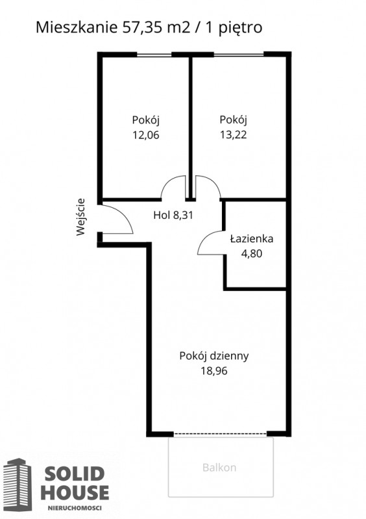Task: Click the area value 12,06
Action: [146, 135]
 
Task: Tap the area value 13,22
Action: [234, 134]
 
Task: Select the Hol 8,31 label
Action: [173, 215]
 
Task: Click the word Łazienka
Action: [252, 238]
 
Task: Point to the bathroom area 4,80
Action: [252, 253]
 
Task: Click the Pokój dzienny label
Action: [214, 356]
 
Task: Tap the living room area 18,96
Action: [214, 371]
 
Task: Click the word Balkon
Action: [219, 468]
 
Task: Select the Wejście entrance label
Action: [80, 217]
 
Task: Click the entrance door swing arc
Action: [125, 215]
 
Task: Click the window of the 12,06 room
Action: [154, 55]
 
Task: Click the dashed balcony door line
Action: [220, 433]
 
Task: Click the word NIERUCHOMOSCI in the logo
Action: [75, 508]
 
